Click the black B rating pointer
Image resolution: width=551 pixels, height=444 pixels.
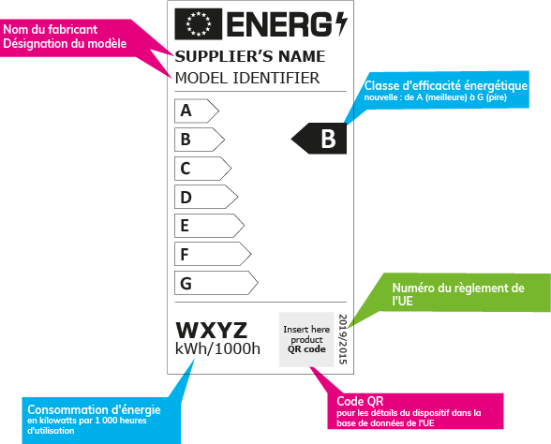320,140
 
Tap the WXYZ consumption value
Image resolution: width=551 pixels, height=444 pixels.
212,331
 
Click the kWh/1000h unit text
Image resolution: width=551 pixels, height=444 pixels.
217,350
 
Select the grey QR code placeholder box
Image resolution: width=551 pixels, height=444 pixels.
306,338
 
